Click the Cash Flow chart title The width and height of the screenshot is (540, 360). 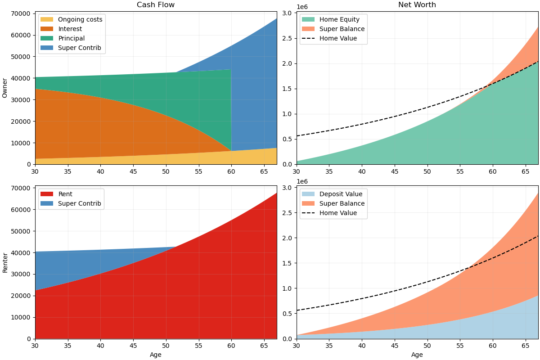tap(156, 5)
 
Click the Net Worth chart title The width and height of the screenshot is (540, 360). tap(417, 5)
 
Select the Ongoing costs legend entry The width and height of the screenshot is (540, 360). tap(80, 19)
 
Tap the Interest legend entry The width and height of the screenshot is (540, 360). tap(70, 29)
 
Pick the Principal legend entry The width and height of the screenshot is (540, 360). tap(71, 38)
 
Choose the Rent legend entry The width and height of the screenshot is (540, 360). tap(65, 194)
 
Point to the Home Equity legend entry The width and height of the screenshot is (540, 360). tap(339, 19)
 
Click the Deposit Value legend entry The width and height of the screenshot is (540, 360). tap(341, 194)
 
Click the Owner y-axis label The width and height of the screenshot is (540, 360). tap(5, 88)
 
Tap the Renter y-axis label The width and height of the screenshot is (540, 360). tap(5, 262)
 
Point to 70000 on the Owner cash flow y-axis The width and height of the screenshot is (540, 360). tap(21, 13)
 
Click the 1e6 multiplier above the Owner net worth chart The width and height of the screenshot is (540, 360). tap(302, 7)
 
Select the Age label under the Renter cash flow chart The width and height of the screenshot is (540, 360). tap(156, 355)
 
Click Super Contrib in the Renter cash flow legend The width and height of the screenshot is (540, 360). tap(79, 203)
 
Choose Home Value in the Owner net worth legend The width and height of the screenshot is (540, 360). tap(338, 38)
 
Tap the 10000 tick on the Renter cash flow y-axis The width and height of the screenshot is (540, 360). tap(21, 317)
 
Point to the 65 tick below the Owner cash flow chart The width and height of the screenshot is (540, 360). tap(264, 171)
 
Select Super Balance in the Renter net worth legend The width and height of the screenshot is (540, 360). tap(342, 203)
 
